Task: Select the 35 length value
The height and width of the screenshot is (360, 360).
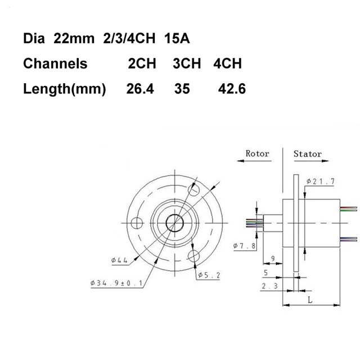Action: pos(183,89)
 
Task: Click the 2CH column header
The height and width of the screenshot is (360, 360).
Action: pos(143,64)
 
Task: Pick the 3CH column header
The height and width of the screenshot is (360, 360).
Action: pos(187,64)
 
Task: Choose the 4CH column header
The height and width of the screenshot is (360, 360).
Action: pos(227,64)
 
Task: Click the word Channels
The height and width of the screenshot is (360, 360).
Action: pos(55,64)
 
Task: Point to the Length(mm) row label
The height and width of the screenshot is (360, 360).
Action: pos(65,89)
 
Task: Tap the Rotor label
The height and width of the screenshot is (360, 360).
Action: pos(258,154)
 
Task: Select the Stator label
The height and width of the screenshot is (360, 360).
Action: pos(308,154)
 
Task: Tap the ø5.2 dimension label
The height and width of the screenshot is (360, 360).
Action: pos(209,275)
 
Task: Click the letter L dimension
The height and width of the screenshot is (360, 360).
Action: pos(310,300)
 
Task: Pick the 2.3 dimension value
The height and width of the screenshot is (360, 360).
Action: pos(269,286)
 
